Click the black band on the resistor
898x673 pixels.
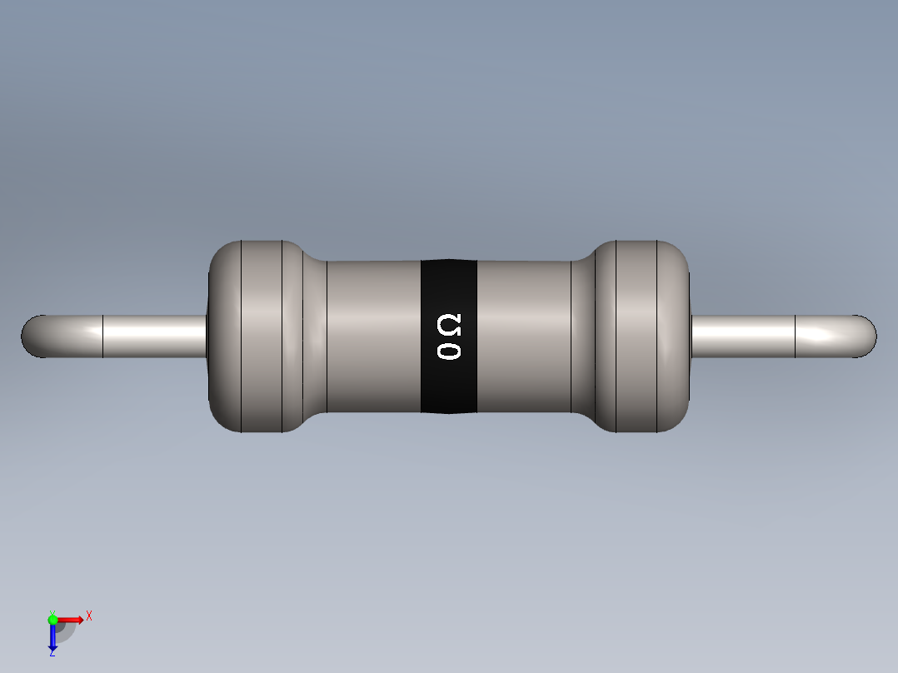click(x=448, y=383)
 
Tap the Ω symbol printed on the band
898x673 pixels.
click(x=449, y=324)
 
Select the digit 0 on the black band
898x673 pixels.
click(x=449, y=351)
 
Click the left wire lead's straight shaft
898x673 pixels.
click(x=154, y=336)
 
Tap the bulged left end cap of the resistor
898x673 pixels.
click(x=250, y=336)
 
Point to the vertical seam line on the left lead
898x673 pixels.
click(x=102, y=336)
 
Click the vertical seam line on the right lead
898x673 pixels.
click(x=796, y=336)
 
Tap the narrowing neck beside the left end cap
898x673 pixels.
click(x=314, y=336)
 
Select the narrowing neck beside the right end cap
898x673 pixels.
click(x=582, y=336)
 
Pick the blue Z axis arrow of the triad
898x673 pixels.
click(x=52, y=638)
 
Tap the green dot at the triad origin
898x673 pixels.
click(x=52, y=619)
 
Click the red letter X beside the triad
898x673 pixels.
click(x=88, y=616)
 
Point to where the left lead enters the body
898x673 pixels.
click(x=207, y=336)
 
